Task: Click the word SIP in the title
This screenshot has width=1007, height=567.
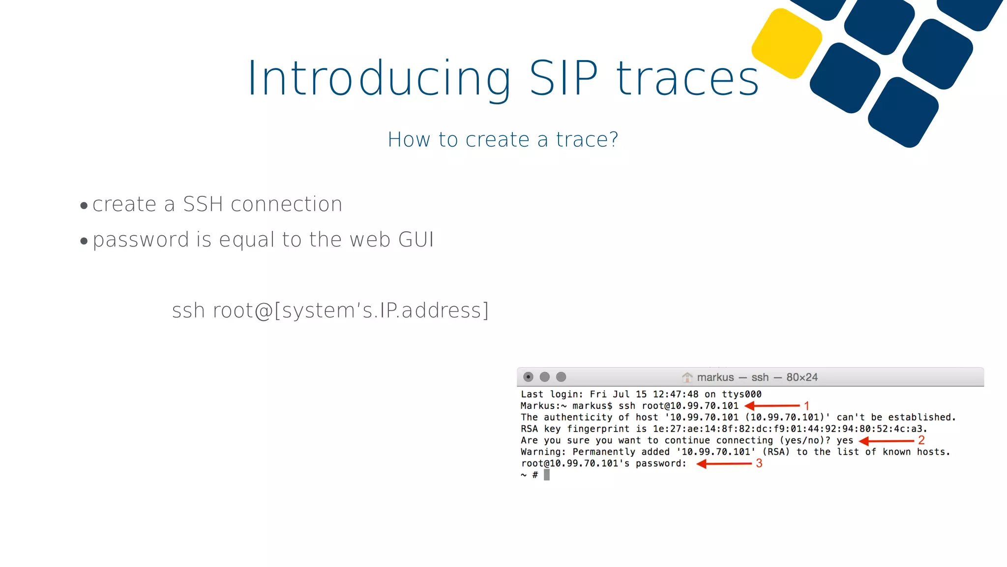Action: coord(563,78)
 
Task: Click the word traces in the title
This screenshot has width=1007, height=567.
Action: coord(687,78)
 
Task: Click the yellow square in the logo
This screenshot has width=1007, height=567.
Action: coord(787,43)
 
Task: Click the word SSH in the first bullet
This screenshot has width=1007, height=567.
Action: coord(203,204)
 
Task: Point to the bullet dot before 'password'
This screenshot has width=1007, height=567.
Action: coord(84,241)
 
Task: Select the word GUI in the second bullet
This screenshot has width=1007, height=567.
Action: coord(416,240)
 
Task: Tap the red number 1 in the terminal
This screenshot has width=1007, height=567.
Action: coord(806,406)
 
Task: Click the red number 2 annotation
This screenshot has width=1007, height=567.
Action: coord(921,440)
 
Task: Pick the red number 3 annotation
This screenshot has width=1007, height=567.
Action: coord(759,463)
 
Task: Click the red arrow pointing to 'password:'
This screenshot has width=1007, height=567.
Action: coord(724,464)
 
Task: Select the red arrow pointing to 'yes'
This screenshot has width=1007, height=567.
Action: coord(886,441)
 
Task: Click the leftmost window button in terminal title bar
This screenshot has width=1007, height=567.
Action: coord(528,377)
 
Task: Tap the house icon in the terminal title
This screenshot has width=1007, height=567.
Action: coord(687,378)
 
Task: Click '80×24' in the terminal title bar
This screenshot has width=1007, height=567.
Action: coord(802,378)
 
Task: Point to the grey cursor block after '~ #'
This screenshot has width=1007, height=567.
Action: coord(547,475)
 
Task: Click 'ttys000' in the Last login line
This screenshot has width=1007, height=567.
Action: coord(741,394)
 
